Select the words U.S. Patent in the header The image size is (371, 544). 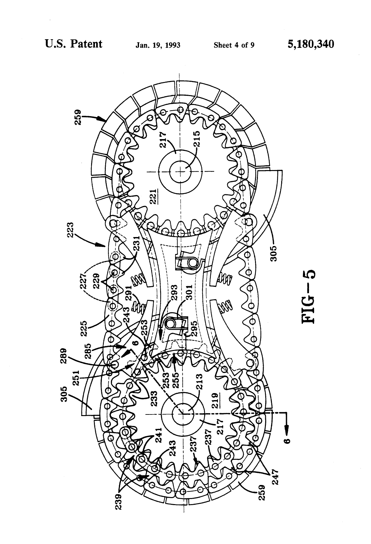[74, 44]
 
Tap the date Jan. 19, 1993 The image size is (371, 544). [158, 45]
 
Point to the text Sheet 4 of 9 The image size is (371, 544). [234, 45]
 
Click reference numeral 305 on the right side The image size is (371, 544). [274, 251]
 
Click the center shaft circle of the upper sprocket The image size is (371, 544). [181, 172]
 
